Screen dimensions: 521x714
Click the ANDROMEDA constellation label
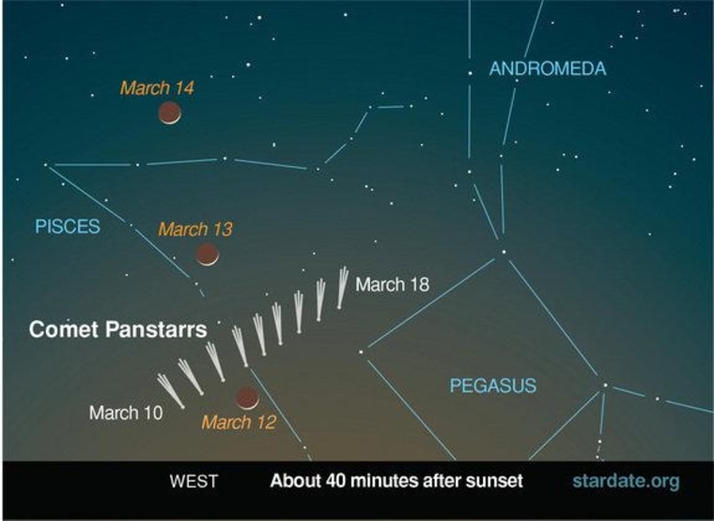click(547, 69)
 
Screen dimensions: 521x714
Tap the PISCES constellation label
click(67, 226)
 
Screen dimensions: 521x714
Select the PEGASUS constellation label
click(492, 385)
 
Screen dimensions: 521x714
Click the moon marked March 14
click(169, 114)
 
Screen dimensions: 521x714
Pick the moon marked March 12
click(247, 398)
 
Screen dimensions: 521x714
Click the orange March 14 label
click(157, 88)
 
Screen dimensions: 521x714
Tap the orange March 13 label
click(194, 229)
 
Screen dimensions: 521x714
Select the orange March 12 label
click(239, 422)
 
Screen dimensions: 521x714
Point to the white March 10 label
click(126, 412)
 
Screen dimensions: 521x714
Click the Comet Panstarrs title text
click(118, 330)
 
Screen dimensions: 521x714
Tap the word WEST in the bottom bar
click(194, 483)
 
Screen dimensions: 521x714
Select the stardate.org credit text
click(625, 482)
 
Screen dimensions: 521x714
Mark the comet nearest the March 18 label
click(343, 286)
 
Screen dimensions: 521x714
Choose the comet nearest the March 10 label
click(170, 389)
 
